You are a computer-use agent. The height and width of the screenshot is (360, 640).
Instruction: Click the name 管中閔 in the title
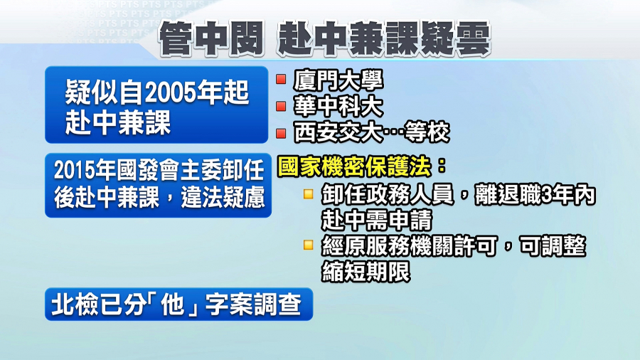210,39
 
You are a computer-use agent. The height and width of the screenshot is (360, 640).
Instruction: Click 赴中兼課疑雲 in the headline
383,39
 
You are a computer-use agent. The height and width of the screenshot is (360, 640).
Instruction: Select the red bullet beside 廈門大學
281,79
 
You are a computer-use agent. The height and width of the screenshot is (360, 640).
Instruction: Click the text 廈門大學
338,80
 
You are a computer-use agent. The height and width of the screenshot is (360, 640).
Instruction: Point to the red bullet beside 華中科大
281,106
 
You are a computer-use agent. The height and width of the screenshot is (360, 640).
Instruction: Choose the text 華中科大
338,107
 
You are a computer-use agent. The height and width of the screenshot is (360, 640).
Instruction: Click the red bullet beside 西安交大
281,133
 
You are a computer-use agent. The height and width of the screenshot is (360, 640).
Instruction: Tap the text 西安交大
338,133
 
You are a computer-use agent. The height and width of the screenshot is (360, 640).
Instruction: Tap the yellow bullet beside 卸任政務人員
308,194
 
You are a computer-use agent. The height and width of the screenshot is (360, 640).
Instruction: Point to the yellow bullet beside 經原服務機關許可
308,245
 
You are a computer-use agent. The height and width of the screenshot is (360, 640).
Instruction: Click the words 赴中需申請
376,221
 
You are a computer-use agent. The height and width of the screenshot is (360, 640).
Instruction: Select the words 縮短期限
366,271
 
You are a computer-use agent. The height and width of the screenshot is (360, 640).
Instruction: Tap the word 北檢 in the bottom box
75,305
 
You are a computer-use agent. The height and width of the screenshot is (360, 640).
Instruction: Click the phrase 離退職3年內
535,195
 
